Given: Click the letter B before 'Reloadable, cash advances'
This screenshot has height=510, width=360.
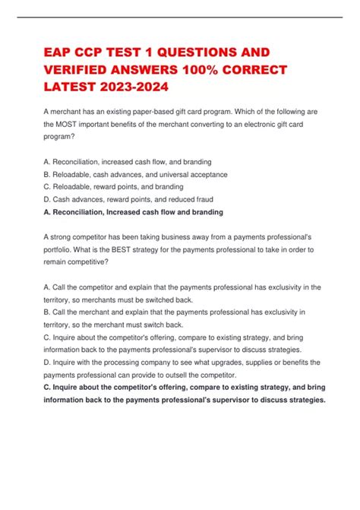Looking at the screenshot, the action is [47, 174].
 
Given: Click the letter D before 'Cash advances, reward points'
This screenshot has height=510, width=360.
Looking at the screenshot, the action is [47, 199].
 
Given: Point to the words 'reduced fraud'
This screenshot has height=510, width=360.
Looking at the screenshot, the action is [182, 199].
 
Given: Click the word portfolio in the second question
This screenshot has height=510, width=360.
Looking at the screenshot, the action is [61, 249].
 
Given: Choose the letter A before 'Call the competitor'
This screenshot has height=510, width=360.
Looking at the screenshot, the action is [47, 287].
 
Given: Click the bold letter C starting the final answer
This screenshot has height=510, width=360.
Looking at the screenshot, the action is [47, 388].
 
